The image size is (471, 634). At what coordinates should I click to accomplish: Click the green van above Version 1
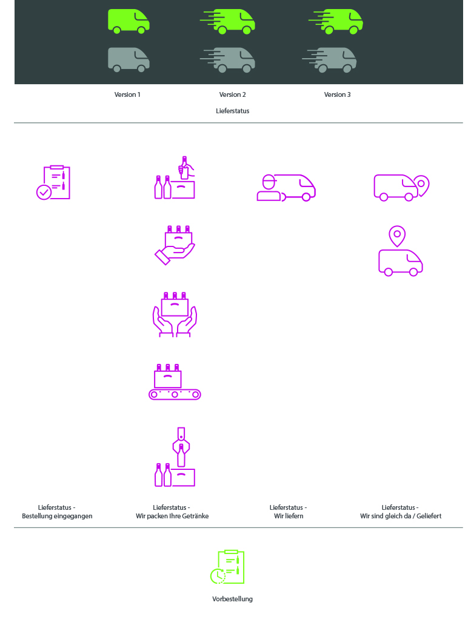click(129, 21)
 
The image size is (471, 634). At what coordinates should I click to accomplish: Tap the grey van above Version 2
click(228, 60)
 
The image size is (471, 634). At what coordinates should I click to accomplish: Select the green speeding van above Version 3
click(336, 21)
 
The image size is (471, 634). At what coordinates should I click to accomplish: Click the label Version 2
click(232, 94)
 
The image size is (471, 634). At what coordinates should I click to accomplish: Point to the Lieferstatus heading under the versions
click(232, 111)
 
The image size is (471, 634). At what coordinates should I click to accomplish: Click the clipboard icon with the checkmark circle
click(53, 182)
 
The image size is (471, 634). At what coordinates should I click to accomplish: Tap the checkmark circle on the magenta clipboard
click(44, 192)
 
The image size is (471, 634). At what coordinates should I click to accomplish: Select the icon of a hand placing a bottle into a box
click(175, 177)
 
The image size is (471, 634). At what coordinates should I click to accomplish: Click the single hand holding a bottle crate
click(175, 245)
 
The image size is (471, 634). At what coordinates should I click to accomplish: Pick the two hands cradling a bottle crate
click(175, 314)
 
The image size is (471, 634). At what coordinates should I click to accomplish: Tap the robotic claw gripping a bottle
click(181, 447)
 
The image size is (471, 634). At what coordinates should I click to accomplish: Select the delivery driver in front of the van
click(269, 188)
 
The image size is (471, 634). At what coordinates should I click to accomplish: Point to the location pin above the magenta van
click(398, 236)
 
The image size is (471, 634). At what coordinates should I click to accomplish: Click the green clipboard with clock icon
click(227, 567)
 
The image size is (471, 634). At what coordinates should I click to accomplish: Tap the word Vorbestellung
click(232, 599)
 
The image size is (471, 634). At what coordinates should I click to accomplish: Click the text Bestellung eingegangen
click(57, 516)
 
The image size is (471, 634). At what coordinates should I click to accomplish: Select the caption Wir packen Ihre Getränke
click(172, 516)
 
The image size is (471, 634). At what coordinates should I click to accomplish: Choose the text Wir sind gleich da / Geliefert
click(401, 516)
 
